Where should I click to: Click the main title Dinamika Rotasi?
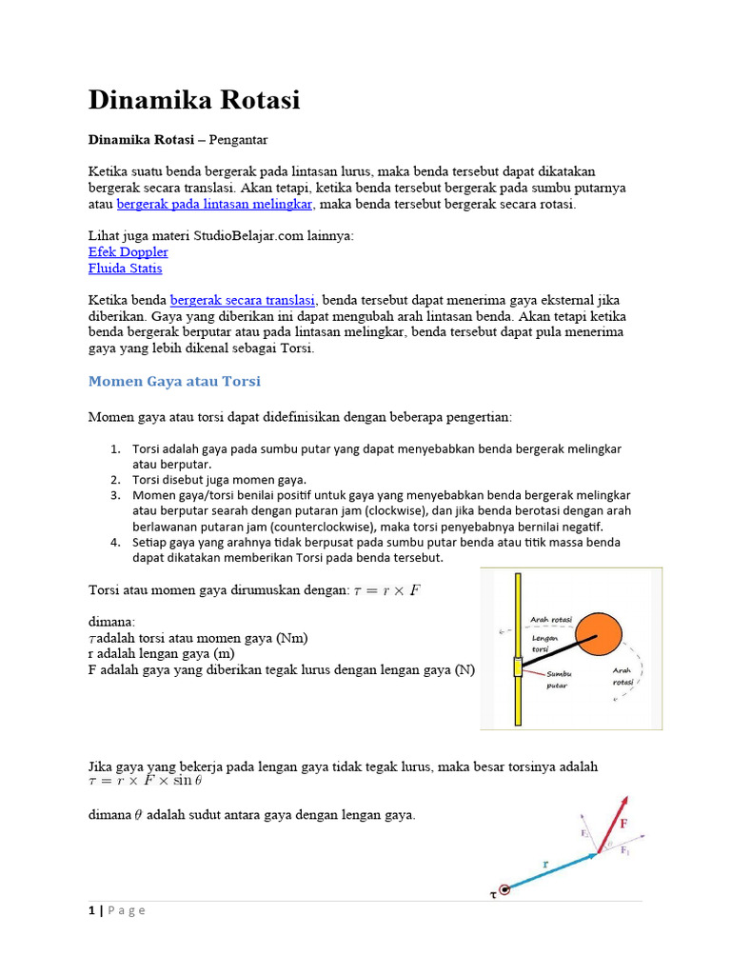click(x=194, y=100)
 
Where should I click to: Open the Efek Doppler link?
click(x=128, y=251)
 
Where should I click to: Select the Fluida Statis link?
click(x=125, y=269)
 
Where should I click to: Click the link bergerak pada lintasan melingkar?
click(x=214, y=204)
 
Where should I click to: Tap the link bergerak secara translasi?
click(x=243, y=299)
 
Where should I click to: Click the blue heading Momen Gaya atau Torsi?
click(x=174, y=381)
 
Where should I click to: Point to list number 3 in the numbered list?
click(x=114, y=495)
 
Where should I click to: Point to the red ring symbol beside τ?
click(x=504, y=889)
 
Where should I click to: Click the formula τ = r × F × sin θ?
click(x=145, y=782)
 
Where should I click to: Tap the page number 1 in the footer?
click(x=92, y=910)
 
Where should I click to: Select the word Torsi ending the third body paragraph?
click(x=295, y=348)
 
